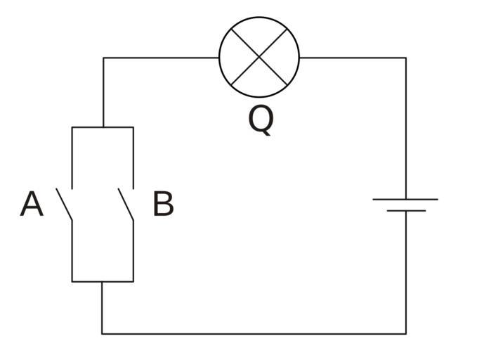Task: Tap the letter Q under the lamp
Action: (261, 120)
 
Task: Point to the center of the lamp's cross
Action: (259, 57)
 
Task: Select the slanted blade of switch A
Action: (65, 204)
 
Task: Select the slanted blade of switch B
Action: (126, 204)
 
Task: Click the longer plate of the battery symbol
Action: (405, 199)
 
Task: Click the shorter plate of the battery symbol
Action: (405, 210)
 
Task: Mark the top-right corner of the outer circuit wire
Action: (405, 58)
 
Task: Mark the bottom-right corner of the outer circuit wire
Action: (405, 333)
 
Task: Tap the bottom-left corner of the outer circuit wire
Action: (103, 333)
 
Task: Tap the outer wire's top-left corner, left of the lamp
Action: (103, 58)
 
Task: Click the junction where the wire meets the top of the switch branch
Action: (103, 127)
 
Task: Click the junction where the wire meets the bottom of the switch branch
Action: (103, 281)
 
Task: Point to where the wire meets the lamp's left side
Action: (219, 58)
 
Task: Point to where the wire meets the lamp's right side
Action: (299, 58)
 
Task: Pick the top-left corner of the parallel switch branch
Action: (72, 127)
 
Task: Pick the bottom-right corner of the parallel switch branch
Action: (133, 281)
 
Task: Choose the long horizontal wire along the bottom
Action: (253, 333)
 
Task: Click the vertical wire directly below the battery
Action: (405, 274)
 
